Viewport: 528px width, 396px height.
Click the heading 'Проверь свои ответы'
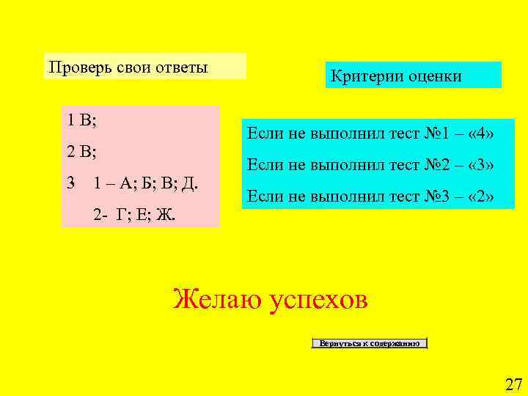(129, 67)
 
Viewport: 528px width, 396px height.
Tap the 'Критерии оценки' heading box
(413, 76)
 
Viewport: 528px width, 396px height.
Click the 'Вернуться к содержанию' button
(370, 343)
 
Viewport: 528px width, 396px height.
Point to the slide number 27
(513, 384)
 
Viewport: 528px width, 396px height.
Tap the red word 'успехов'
(318, 300)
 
